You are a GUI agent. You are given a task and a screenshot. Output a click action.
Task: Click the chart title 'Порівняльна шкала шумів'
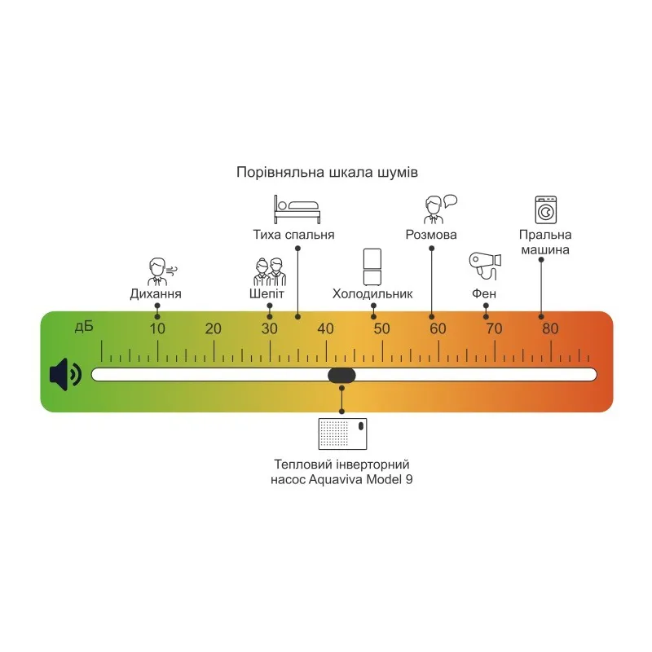tap(327, 173)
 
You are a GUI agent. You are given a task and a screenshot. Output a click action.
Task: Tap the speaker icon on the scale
tap(65, 374)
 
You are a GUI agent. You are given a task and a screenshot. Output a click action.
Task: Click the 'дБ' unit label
tap(83, 327)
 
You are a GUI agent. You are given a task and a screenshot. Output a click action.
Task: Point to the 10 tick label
tap(157, 329)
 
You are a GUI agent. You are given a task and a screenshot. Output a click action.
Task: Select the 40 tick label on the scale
tap(325, 329)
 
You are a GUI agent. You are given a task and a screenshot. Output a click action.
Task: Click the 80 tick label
tap(550, 329)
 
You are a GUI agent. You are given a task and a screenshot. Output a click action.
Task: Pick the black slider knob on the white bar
tap(341, 375)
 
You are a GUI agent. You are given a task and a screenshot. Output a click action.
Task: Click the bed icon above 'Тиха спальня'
tap(297, 209)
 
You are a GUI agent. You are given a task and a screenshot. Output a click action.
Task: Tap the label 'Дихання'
tap(155, 293)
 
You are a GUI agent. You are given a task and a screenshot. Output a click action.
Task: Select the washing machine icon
tap(545, 209)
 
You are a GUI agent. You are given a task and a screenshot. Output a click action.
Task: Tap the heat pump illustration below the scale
tap(341, 434)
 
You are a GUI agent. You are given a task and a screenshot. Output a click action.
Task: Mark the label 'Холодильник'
tap(372, 293)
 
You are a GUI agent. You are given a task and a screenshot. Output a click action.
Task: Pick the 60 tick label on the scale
tap(438, 329)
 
